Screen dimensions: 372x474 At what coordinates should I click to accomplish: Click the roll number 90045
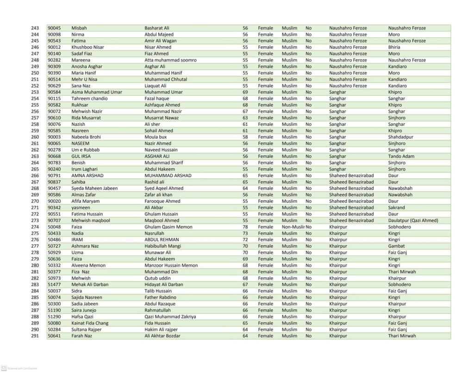point(54,28)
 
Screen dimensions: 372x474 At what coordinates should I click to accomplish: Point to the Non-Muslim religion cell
point(293,227)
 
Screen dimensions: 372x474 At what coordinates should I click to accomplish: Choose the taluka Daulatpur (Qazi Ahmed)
point(413,220)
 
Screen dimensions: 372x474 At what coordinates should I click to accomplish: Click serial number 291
point(35,336)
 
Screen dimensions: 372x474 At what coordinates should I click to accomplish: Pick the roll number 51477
point(54,285)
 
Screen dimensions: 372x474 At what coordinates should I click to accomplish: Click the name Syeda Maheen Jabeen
point(94,189)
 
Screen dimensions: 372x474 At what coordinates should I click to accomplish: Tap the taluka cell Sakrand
point(396,207)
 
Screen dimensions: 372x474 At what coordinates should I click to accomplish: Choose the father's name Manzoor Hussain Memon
point(171,265)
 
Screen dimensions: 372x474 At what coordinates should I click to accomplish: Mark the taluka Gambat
point(396,246)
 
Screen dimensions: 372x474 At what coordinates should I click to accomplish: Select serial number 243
point(35,28)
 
